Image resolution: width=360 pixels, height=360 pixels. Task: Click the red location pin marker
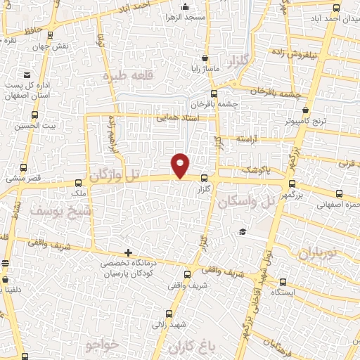tap(181, 165)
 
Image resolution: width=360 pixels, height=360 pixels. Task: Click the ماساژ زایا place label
tap(204, 70)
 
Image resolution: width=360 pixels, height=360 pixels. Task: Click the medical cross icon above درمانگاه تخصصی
tap(128, 252)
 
